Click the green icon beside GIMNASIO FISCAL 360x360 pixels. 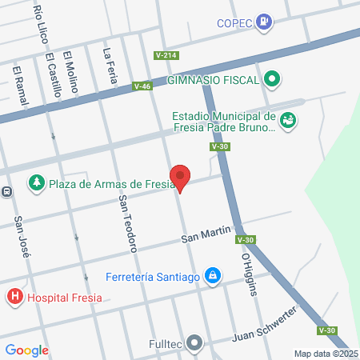(x=272, y=79)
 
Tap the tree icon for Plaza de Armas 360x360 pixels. (x=37, y=184)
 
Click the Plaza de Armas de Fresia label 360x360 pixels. (x=111, y=185)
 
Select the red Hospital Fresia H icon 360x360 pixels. (x=14, y=298)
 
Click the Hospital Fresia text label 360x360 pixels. (x=65, y=298)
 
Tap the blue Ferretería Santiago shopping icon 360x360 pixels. (x=212, y=277)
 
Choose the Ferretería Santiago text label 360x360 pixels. (x=152, y=278)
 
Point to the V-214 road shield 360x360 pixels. (x=166, y=54)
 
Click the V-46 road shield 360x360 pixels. (x=142, y=86)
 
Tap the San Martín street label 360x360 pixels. (x=206, y=238)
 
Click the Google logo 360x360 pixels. (x=26, y=350)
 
